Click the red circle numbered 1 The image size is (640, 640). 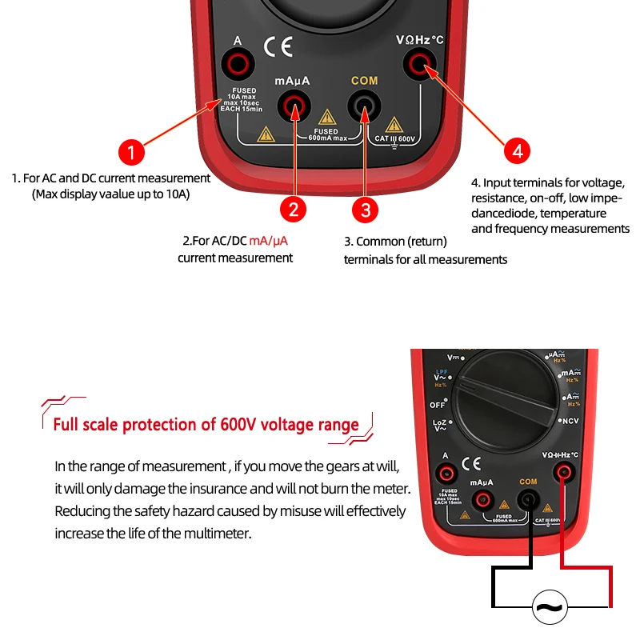click(x=131, y=153)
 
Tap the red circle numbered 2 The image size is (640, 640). click(x=294, y=210)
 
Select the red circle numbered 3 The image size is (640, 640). click(x=366, y=210)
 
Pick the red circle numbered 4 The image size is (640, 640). click(x=517, y=150)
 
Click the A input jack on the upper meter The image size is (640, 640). click(x=238, y=62)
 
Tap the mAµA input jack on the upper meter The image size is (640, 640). click(x=294, y=104)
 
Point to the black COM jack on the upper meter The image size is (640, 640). click(x=364, y=104)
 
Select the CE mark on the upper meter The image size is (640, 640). click(x=278, y=47)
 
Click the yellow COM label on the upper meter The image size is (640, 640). click(x=364, y=81)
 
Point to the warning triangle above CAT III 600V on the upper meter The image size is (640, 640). click(x=393, y=124)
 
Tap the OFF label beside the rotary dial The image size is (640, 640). click(x=438, y=405)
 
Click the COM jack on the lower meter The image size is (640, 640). click(x=528, y=501)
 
